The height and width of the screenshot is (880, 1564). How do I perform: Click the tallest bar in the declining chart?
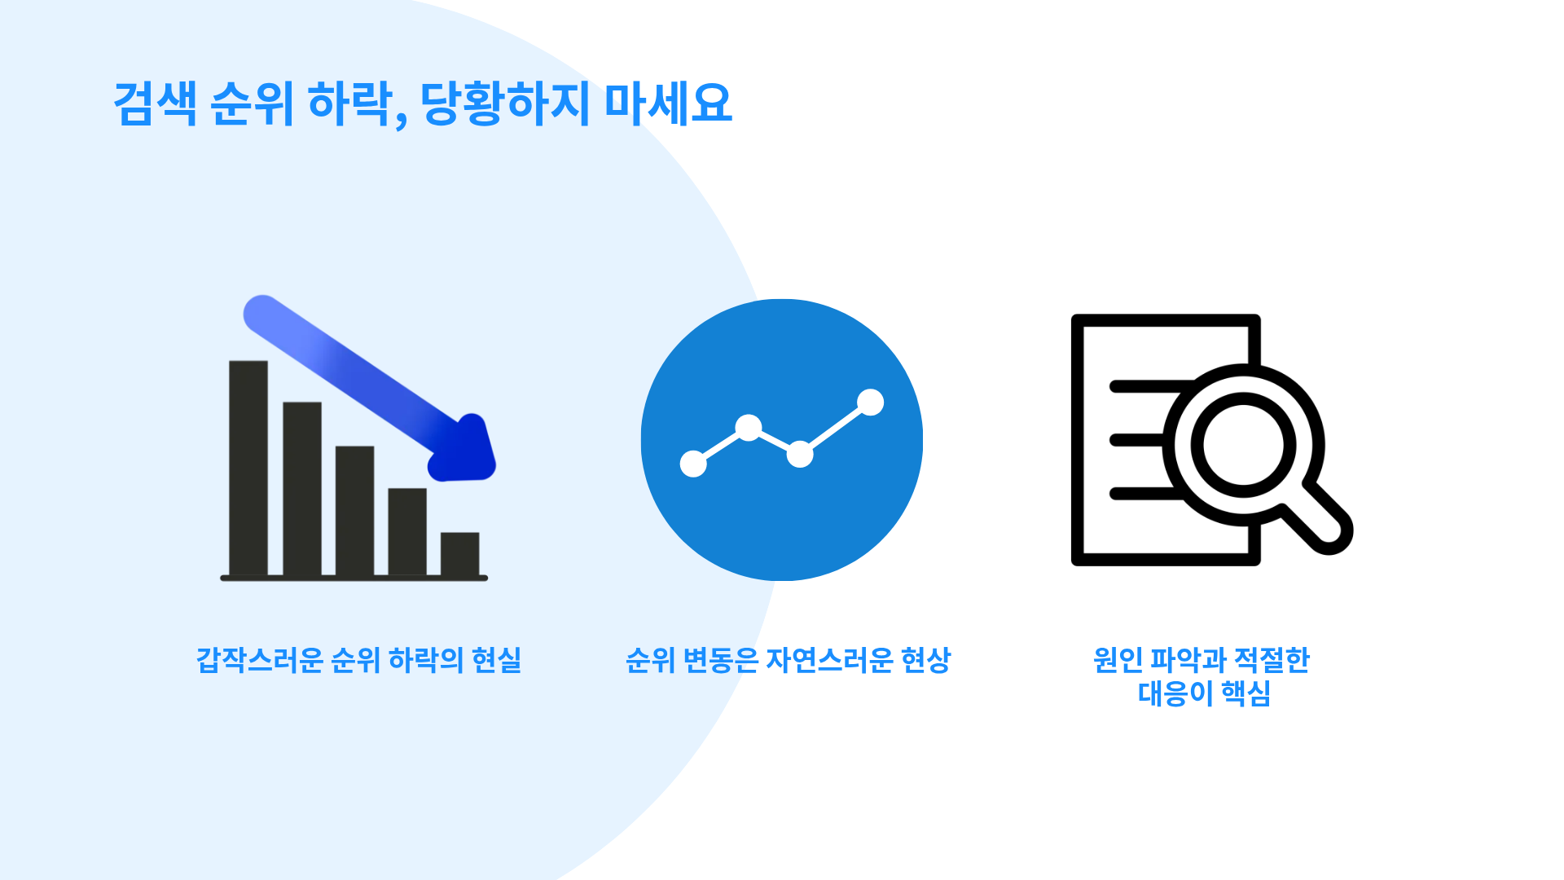coord(248,468)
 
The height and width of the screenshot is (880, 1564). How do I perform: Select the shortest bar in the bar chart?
coord(460,554)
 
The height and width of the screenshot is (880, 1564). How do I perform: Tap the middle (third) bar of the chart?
coord(354,511)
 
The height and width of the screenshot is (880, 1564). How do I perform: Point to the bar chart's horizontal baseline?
coord(354,578)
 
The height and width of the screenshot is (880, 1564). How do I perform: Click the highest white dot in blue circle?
coord(870,402)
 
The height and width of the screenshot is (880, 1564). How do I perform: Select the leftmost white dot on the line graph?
coord(693,463)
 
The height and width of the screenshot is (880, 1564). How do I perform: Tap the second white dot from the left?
coord(749,428)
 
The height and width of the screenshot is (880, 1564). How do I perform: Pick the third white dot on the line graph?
coord(800,454)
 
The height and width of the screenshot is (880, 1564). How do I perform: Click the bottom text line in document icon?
coord(1145,493)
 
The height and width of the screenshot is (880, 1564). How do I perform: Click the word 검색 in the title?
coord(155,103)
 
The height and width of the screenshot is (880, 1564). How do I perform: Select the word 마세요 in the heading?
coord(668,103)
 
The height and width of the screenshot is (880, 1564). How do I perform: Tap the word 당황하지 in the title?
coord(505,103)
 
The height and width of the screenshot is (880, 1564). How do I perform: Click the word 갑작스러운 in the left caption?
coord(260,660)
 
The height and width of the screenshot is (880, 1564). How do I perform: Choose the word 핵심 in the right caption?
coord(1245,694)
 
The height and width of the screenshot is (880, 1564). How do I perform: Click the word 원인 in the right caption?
coord(1118,660)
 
